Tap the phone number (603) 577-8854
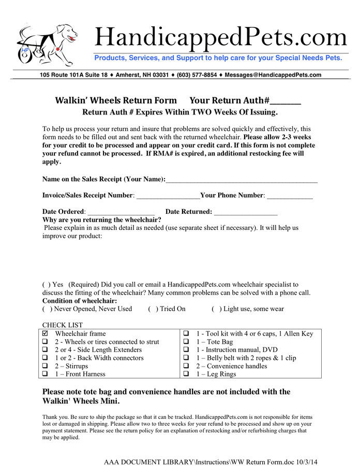click(197, 75)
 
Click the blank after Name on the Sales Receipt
click(242, 180)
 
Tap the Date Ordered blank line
click(122, 213)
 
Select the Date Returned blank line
click(246, 213)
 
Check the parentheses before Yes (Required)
click(46, 284)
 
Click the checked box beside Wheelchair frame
click(45, 334)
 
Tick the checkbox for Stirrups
click(45, 366)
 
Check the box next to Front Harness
click(45, 374)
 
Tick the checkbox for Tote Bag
click(186, 342)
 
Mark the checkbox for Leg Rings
click(186, 374)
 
